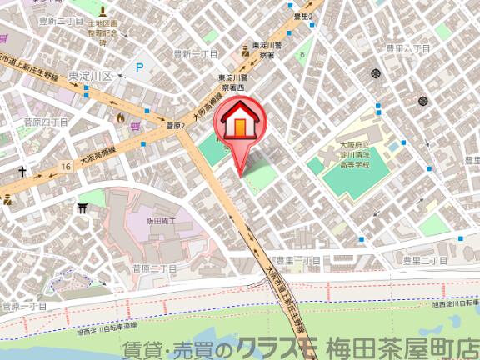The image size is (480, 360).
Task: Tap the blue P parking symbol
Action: tap(139, 68)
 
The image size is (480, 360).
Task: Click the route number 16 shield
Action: tap(65, 167)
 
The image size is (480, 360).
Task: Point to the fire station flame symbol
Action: tap(122, 119)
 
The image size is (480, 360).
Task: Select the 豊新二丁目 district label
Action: tap(55, 19)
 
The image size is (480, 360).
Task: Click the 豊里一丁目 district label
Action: tap(298, 261)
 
